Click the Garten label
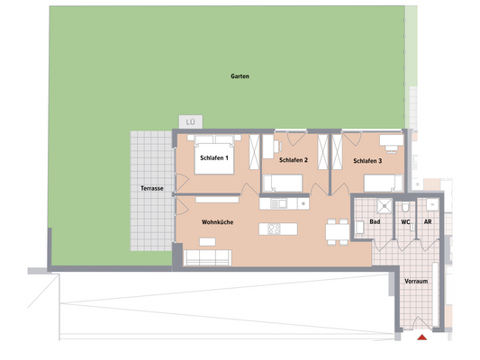[239, 77]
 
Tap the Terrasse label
[151, 189]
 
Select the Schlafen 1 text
[214, 158]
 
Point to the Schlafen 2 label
[294, 160]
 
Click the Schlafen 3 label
[367, 161]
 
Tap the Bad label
[376, 220]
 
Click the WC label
[406, 220]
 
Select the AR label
[428, 220]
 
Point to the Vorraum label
[416, 281]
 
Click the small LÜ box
[190, 121]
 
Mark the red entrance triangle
[421, 338]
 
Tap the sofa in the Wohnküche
[209, 258]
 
